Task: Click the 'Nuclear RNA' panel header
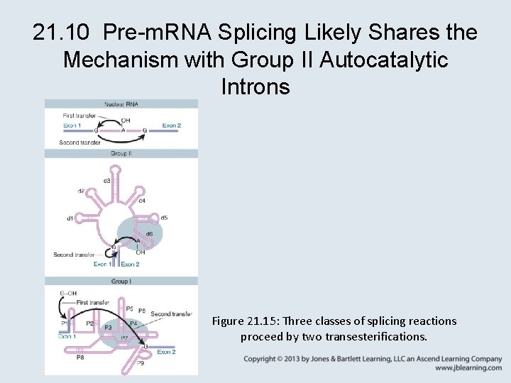click(121, 104)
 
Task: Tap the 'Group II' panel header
click(121, 153)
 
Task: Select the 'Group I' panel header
click(121, 282)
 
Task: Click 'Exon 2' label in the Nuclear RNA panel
click(171, 126)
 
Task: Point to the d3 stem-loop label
click(107, 181)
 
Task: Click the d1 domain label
click(70, 218)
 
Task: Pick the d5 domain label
click(164, 218)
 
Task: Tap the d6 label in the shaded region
click(148, 234)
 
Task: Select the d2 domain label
click(82, 191)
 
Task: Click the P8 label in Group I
click(79, 357)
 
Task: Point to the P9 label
click(140, 362)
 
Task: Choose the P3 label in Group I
click(108, 327)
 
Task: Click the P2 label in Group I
click(89, 323)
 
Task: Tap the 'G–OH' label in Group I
click(68, 293)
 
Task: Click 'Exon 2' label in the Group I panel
click(166, 352)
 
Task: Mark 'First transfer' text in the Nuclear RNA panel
click(78, 116)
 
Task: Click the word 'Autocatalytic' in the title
click(384, 60)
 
